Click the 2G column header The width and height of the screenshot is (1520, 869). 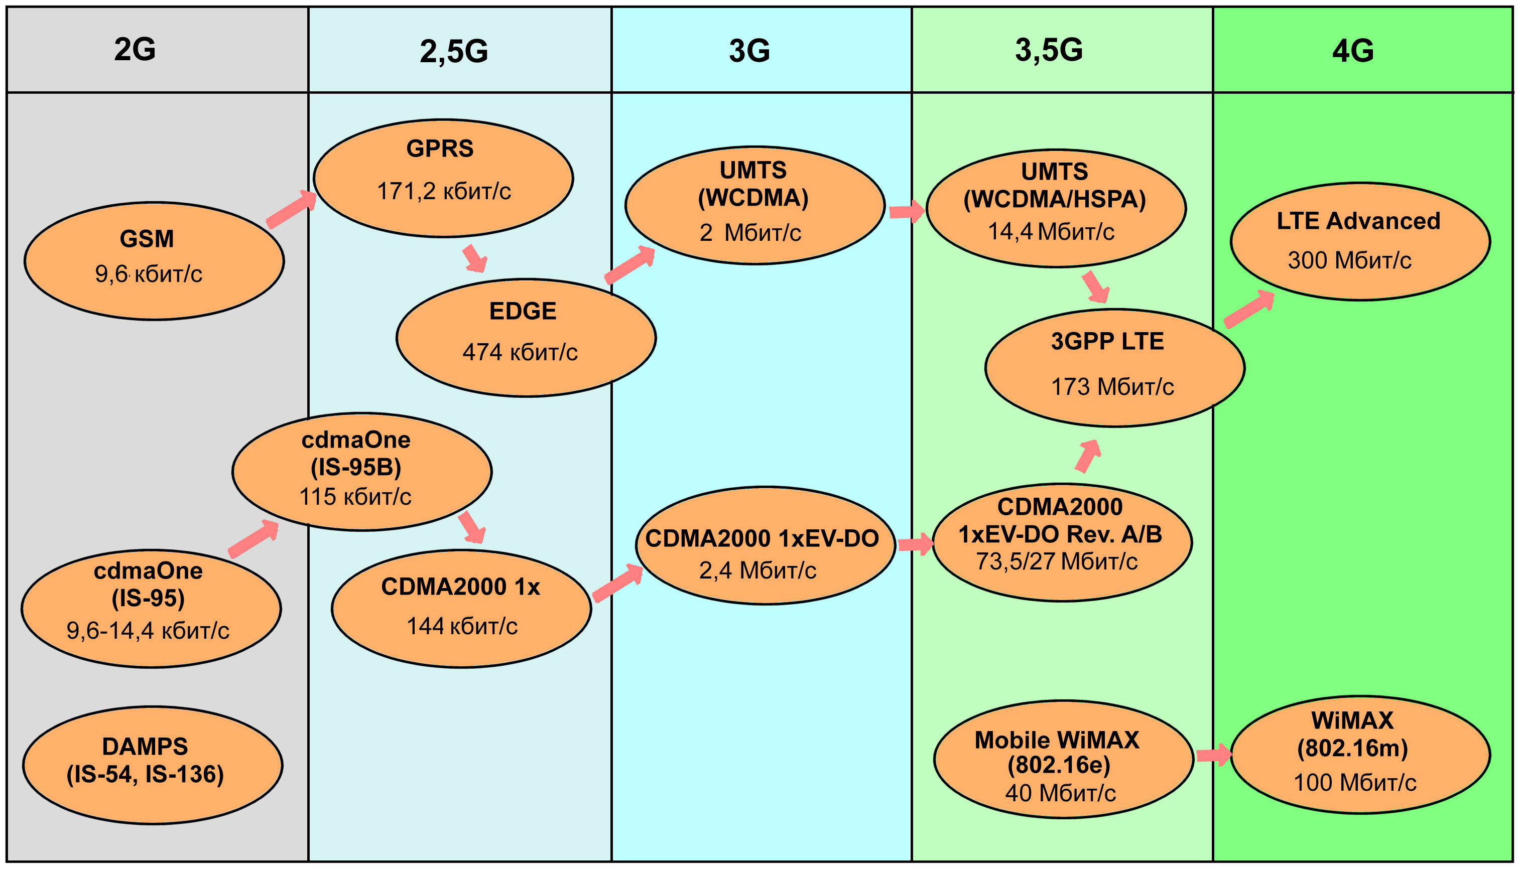[135, 49]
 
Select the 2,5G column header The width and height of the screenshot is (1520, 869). [454, 51]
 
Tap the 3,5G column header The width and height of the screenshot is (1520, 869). [1049, 50]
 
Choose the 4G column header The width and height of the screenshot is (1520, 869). [1353, 50]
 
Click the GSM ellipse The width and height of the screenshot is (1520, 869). [154, 261]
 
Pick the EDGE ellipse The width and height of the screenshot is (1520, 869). [526, 337]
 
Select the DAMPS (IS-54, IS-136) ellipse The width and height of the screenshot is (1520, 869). [152, 765]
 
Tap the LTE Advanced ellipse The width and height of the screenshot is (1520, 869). [1360, 241]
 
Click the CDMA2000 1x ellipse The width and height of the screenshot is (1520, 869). [461, 608]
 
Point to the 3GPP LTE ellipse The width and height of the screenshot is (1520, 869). [1114, 368]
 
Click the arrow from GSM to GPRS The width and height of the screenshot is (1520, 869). [291, 210]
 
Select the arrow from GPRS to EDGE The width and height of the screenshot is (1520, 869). [475, 258]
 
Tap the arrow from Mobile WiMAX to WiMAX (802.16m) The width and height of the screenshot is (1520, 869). [1213, 755]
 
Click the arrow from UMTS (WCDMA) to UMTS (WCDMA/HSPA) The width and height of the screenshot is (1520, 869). [906, 211]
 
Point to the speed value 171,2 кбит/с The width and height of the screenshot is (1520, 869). [444, 191]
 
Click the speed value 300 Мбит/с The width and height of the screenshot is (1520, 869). [1349, 260]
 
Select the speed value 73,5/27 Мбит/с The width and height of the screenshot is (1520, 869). [1056, 561]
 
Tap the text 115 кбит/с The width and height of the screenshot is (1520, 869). [355, 497]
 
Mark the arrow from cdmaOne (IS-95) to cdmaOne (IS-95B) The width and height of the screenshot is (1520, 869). [254, 539]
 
